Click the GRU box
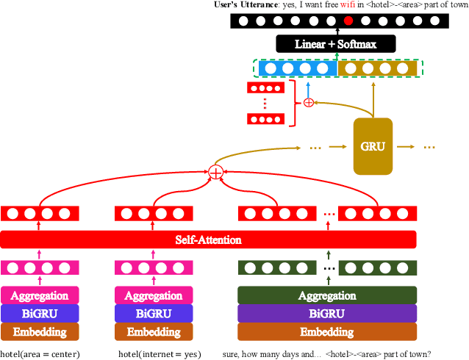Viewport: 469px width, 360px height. point(373,145)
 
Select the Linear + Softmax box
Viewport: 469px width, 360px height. point(335,44)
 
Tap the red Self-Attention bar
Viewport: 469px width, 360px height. point(208,240)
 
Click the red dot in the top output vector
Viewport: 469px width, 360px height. point(348,21)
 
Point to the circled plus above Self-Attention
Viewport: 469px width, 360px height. point(215,172)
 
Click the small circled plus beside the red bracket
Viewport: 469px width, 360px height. point(309,103)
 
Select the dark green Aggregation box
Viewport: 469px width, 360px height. point(327,295)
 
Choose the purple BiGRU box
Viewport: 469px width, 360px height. point(327,314)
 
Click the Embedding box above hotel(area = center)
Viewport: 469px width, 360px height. point(39,332)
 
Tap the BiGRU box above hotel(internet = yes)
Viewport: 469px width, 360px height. point(154,314)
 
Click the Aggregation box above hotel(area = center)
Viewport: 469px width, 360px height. point(39,295)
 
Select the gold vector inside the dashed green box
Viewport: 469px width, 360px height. point(377,68)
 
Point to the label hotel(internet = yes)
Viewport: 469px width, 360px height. point(159,353)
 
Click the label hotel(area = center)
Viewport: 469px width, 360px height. point(40,353)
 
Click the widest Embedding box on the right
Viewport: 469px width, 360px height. point(327,332)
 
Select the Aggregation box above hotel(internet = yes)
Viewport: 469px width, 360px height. point(154,295)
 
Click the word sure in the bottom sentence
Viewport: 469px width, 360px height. point(231,353)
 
